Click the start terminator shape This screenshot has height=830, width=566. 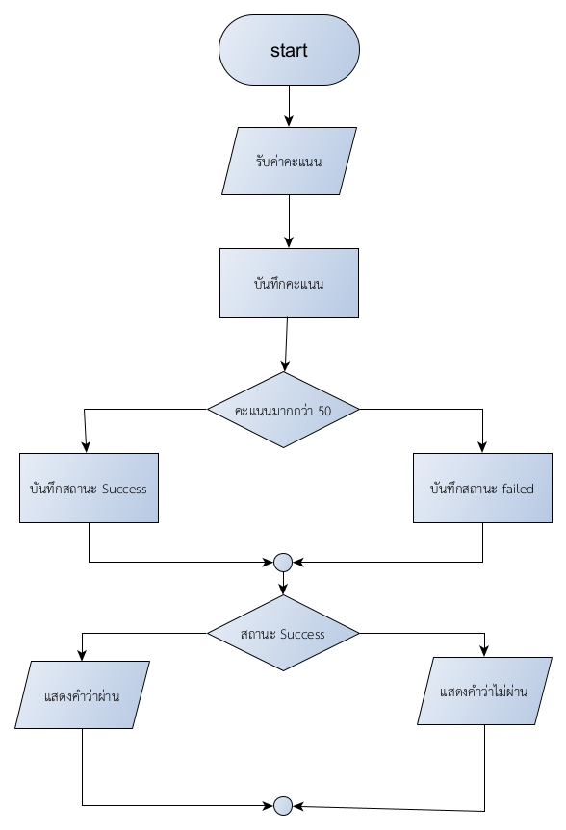(289, 50)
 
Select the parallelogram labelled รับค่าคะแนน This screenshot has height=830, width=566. (289, 161)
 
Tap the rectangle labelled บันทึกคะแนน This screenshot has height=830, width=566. (289, 283)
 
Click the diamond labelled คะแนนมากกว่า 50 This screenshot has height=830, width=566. (284, 410)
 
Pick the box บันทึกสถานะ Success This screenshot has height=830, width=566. (89, 488)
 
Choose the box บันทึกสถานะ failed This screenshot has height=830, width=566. (482, 488)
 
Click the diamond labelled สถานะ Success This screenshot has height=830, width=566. (284, 633)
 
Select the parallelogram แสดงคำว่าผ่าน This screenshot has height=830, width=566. (82, 695)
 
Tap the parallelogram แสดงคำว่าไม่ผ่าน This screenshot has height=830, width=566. (484, 691)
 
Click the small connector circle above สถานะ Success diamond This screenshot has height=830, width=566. (284, 563)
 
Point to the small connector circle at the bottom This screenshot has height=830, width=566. (284, 806)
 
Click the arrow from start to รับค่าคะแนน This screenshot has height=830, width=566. (289, 106)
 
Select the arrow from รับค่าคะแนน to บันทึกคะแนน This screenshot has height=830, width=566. (289, 221)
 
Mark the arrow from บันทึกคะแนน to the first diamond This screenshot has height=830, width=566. (286, 344)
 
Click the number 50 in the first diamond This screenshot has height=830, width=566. (324, 411)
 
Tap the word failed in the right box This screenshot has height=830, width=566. (518, 489)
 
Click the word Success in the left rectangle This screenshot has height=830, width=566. (124, 489)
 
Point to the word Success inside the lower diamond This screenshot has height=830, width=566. (302, 634)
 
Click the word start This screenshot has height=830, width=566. (289, 50)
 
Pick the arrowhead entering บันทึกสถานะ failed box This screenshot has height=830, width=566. (482, 447)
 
